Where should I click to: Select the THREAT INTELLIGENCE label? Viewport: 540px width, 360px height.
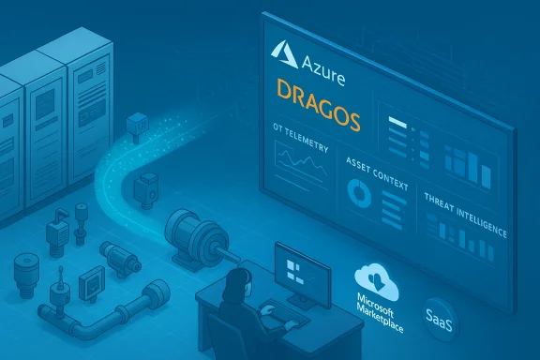pos(465,213)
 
